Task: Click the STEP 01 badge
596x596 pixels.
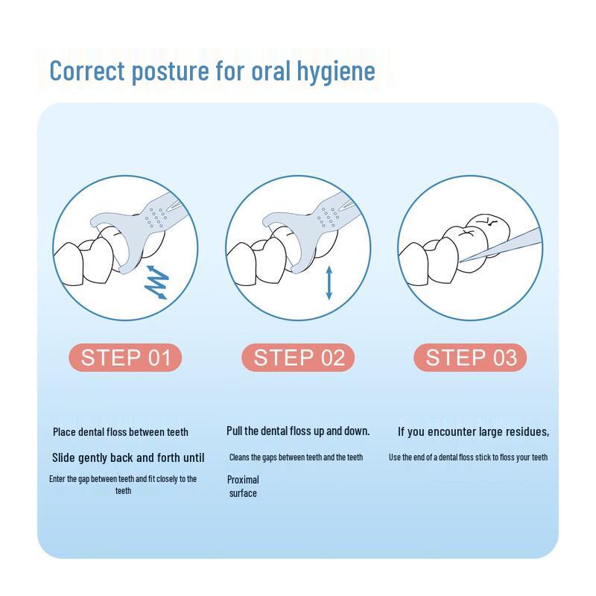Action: tap(125, 358)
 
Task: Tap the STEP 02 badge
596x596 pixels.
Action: tap(298, 358)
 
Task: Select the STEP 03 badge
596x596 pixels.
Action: tap(470, 358)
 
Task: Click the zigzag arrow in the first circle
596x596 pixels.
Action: tap(156, 282)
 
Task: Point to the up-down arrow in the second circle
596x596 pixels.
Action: tap(329, 283)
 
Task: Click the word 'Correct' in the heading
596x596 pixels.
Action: tap(87, 71)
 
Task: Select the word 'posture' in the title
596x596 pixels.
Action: tap(170, 72)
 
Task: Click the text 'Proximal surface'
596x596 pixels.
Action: tap(243, 486)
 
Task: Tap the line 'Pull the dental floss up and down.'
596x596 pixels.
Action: tap(298, 431)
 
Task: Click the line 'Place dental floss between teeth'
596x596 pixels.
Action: tap(121, 432)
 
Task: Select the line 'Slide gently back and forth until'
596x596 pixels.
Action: tap(128, 457)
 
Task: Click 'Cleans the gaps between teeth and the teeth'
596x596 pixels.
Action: tap(296, 457)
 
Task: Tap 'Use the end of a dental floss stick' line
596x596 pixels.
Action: tap(469, 457)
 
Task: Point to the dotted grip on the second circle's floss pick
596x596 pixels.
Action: tap(329, 218)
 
